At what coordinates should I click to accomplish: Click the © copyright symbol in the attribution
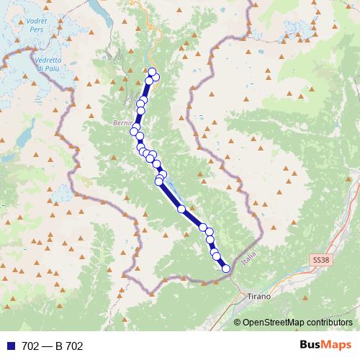coord(238,322)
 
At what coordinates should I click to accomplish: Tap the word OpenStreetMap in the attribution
coord(274,322)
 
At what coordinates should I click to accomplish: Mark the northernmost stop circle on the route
coord(152,71)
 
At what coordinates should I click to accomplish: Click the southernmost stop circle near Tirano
coord(226,269)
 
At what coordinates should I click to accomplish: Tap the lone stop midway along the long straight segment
coord(181,209)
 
